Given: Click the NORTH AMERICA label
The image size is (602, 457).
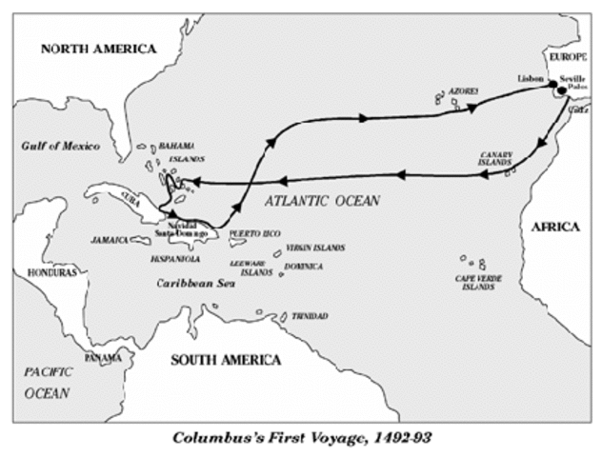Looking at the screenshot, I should coord(98,50).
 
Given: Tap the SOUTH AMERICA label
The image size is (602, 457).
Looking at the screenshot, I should coord(226,360).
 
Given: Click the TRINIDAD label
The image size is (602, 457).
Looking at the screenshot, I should coord(310,315).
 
